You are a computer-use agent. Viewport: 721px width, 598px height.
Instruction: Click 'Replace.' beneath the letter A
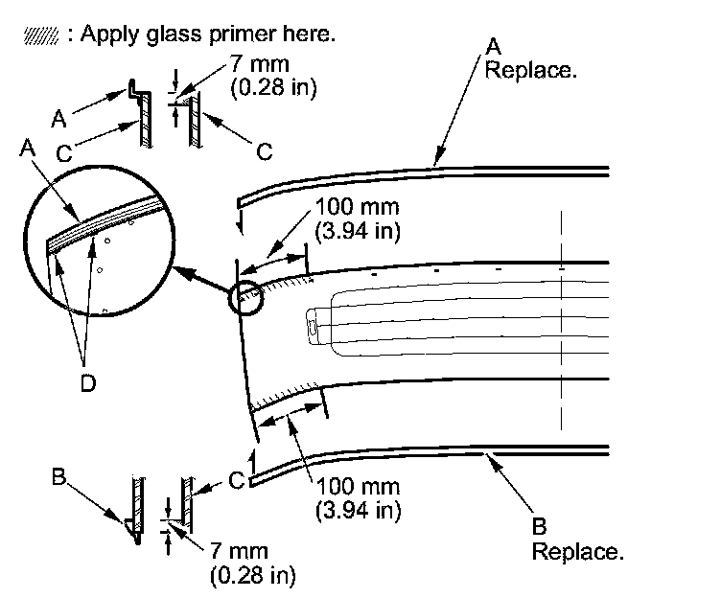pos(531,71)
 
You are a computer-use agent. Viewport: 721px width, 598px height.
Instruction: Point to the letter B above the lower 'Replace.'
pos(538,526)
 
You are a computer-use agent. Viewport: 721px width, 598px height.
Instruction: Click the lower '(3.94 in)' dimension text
pos(358,510)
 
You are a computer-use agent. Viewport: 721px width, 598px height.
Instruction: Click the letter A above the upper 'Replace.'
pos(495,45)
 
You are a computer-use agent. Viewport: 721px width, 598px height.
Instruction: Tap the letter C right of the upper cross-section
pos(265,151)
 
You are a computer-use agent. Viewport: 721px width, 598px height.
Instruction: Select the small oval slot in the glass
pos(314,326)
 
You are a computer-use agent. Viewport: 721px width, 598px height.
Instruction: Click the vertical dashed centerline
pos(561,326)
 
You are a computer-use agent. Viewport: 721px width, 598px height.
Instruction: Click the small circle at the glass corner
pos(243,299)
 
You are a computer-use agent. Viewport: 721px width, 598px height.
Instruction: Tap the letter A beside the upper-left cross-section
pos(58,118)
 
